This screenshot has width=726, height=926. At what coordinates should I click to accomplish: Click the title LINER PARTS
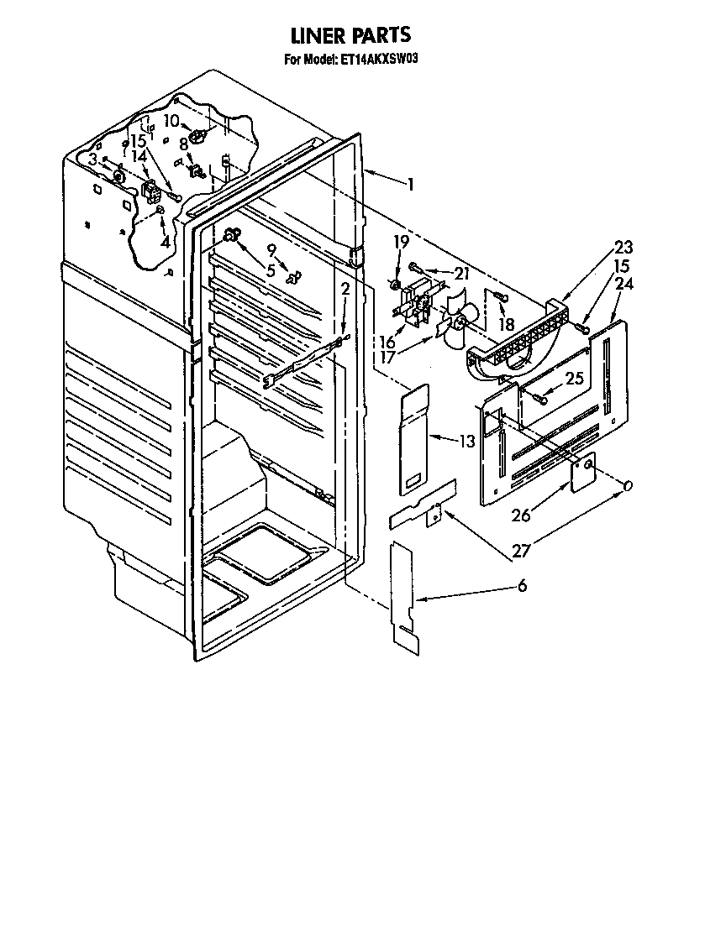[x=351, y=35]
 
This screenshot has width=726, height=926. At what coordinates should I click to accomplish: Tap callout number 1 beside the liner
[x=410, y=184]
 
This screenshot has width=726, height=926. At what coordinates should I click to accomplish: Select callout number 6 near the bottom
[x=522, y=586]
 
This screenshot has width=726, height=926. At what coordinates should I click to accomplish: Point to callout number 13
[x=467, y=441]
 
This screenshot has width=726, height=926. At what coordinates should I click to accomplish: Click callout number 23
[x=623, y=247]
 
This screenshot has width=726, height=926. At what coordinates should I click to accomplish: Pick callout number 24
[x=623, y=284]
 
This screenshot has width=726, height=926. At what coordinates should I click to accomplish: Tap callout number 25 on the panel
[x=574, y=378]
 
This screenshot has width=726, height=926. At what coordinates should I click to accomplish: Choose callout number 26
[x=521, y=515]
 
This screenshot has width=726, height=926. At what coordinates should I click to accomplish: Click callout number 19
[x=401, y=242]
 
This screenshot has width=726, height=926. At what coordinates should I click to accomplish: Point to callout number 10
[x=171, y=121]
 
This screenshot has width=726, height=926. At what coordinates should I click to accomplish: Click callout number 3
[x=92, y=160]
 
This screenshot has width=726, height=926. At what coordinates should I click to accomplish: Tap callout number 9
[x=271, y=250]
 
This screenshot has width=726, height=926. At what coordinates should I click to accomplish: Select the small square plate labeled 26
[x=583, y=473]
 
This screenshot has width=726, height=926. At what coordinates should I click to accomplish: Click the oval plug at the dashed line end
[x=628, y=485]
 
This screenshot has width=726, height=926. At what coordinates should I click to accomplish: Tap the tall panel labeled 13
[x=414, y=439]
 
